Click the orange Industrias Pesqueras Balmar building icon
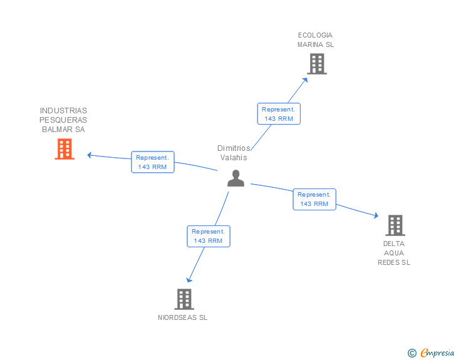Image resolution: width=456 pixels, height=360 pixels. pyautogui.click(x=65, y=149)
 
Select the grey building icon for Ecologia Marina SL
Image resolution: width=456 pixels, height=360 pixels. pyautogui.click(x=317, y=63)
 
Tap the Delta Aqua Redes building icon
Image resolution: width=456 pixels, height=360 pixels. pyautogui.click(x=395, y=225)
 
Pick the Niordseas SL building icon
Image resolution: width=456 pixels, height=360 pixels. pyautogui.click(x=184, y=299)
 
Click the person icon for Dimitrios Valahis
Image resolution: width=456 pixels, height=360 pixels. pyautogui.click(x=236, y=178)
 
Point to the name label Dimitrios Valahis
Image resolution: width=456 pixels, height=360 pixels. pyautogui.click(x=234, y=153)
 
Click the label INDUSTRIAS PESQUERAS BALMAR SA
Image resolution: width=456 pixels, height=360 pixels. pyautogui.click(x=63, y=120)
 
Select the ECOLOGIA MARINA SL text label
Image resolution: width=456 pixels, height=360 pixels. pyautogui.click(x=316, y=40)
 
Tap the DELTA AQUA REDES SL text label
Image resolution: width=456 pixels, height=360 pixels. pyautogui.click(x=394, y=253)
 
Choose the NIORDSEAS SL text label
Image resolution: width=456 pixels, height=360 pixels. pyautogui.click(x=182, y=317)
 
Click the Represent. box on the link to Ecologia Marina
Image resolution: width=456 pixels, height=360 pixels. pyautogui.click(x=279, y=113)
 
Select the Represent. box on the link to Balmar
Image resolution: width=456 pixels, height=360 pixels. pyautogui.click(x=153, y=162)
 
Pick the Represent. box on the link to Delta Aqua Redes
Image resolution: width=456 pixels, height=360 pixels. pyautogui.click(x=314, y=199)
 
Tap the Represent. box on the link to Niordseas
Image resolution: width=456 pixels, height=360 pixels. pyautogui.click(x=209, y=236)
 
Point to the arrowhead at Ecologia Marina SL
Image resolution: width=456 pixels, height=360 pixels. pyautogui.click(x=305, y=79)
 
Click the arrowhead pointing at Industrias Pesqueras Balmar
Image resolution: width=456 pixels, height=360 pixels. pyautogui.click(x=90, y=155)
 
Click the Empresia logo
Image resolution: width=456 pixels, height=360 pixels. pyautogui.click(x=437, y=353)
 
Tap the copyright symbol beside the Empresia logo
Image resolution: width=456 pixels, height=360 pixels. pyautogui.click(x=412, y=354)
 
